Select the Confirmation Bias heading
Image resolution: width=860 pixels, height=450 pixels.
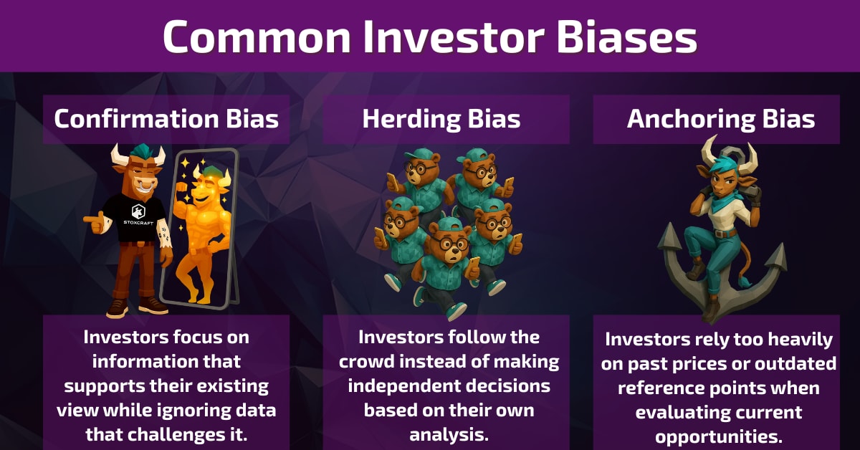[166, 119]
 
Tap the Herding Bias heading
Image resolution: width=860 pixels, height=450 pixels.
[441, 119]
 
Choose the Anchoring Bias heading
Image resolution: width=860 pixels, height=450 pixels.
[720, 119]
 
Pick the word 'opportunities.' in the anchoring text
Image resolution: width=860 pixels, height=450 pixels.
[720, 436]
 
